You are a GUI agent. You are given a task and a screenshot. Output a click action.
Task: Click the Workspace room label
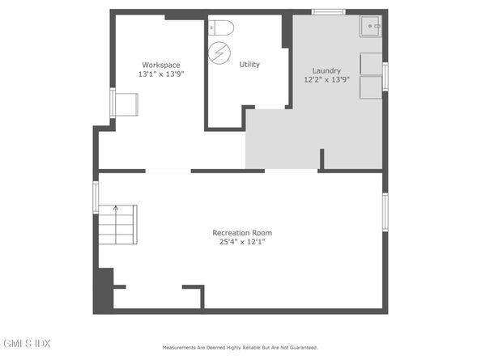point(161,66)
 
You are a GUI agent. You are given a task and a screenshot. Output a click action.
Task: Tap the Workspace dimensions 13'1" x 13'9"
point(161,74)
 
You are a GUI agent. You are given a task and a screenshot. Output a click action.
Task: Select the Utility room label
point(249,65)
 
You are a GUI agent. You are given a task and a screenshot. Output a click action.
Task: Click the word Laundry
point(326,70)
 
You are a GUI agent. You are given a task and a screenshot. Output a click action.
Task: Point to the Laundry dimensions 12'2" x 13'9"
point(326,79)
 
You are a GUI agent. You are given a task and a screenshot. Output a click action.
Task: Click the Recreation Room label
point(242,233)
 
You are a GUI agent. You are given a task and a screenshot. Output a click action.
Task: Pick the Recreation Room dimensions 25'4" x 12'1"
point(242,242)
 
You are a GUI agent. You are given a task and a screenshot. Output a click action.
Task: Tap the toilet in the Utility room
point(221,28)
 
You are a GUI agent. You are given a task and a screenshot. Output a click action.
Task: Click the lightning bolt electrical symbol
point(219,53)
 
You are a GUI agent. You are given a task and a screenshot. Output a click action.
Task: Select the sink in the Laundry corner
point(371,27)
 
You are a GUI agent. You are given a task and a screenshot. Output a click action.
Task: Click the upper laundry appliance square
point(371,64)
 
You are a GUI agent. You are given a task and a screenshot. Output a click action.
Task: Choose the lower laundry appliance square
point(371,87)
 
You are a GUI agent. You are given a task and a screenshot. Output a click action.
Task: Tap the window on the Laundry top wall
point(329,12)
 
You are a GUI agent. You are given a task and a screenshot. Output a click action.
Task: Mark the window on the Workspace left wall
point(113,103)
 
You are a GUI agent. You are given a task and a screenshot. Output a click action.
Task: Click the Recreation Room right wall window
point(385,212)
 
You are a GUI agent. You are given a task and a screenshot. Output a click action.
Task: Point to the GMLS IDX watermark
point(27,343)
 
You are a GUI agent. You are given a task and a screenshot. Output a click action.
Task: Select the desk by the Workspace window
point(126,105)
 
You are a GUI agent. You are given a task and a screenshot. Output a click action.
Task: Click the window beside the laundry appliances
point(385,77)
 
